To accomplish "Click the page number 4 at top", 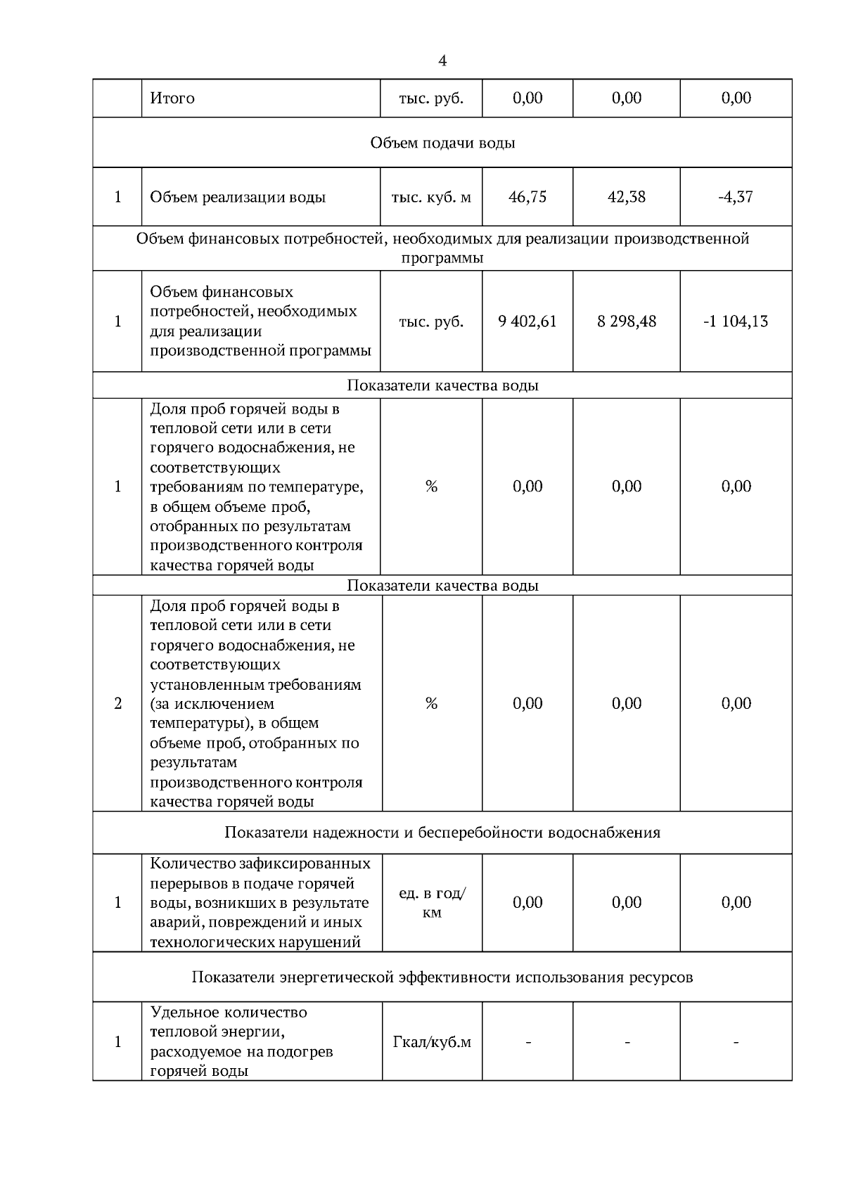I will pos(442,61).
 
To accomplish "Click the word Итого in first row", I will pos(172,98).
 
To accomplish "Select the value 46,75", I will pos(527,197).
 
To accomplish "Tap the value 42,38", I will pos(626,197).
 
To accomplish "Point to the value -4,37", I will pos(736,197).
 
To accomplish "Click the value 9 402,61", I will pos(527,322).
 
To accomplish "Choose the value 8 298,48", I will pos(626,322).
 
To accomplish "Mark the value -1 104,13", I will pos(736,322).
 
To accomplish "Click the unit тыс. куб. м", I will pos(431,197).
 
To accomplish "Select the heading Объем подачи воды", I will pos(442,143).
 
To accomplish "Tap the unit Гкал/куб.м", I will pos(431,1042).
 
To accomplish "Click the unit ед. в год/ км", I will pos(431,903).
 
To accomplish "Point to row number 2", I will pos(117,704).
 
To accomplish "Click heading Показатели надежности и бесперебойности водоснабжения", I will pos(442,833).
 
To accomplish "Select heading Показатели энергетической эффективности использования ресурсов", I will pos(442,977).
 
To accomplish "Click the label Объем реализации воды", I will pos(238,198).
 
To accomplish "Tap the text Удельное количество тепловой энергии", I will pos(229,1022).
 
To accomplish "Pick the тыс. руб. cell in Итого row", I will pos(431,98).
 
